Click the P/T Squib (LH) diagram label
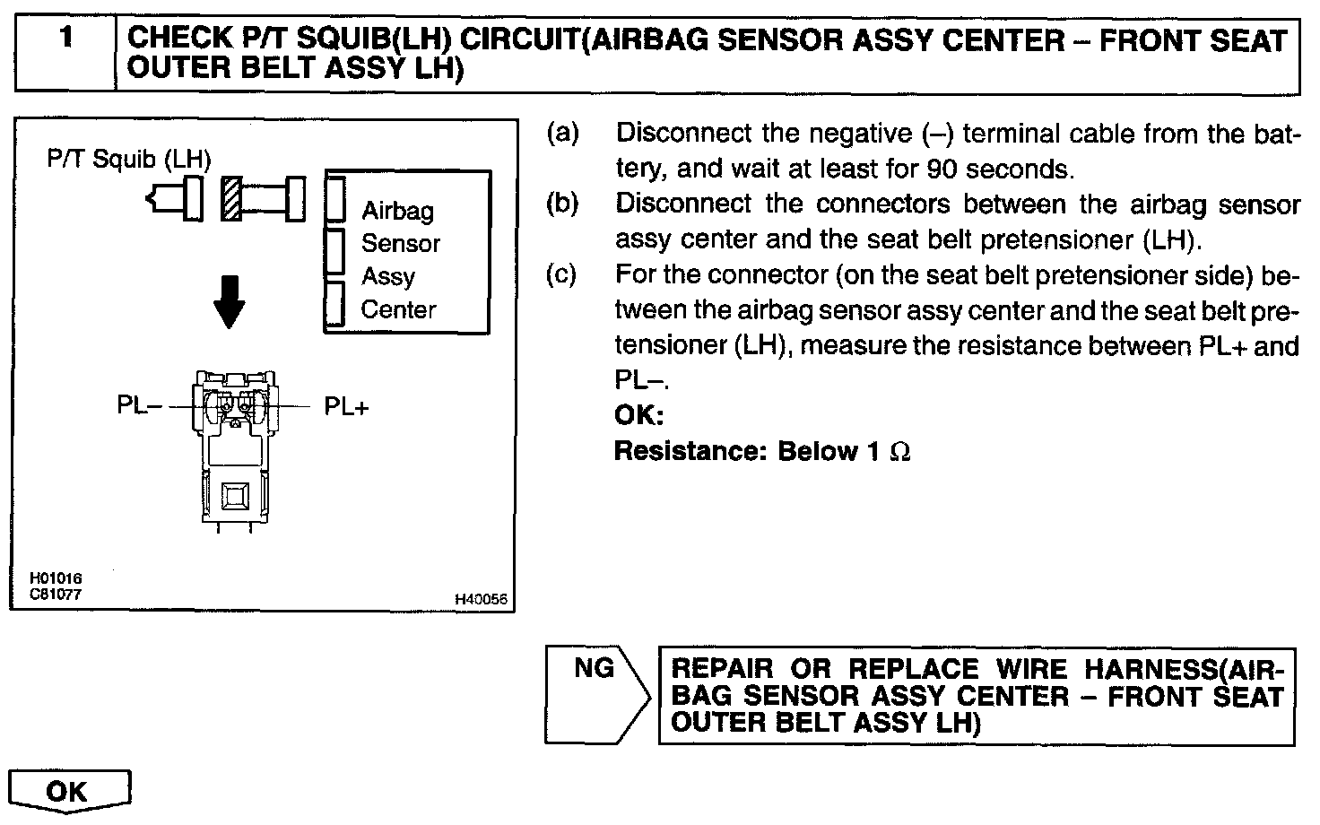pos(129,160)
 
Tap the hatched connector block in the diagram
pos(231,197)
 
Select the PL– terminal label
pos(139,406)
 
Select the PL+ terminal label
pos(346,407)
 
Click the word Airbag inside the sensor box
pos(397,211)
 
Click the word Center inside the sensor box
pos(398,310)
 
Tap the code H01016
pos(56,578)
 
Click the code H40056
pos(481,600)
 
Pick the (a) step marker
pos(563,134)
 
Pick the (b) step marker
pos(563,204)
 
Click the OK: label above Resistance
pos(638,415)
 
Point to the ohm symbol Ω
pos(899,451)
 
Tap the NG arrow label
pos(594,668)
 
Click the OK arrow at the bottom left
pos(68,791)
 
